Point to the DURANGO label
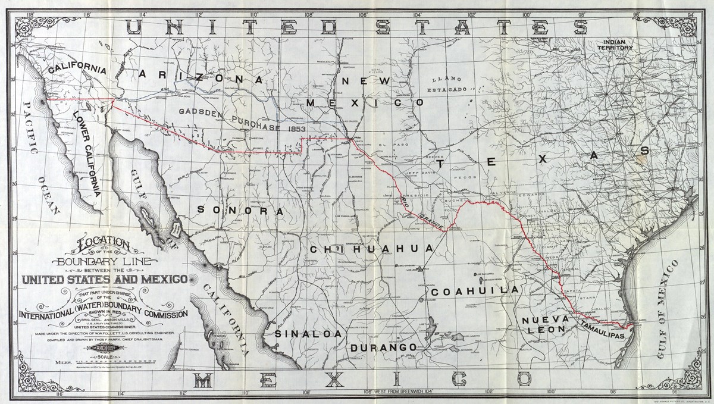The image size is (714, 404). pyautogui.click(x=381, y=346)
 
